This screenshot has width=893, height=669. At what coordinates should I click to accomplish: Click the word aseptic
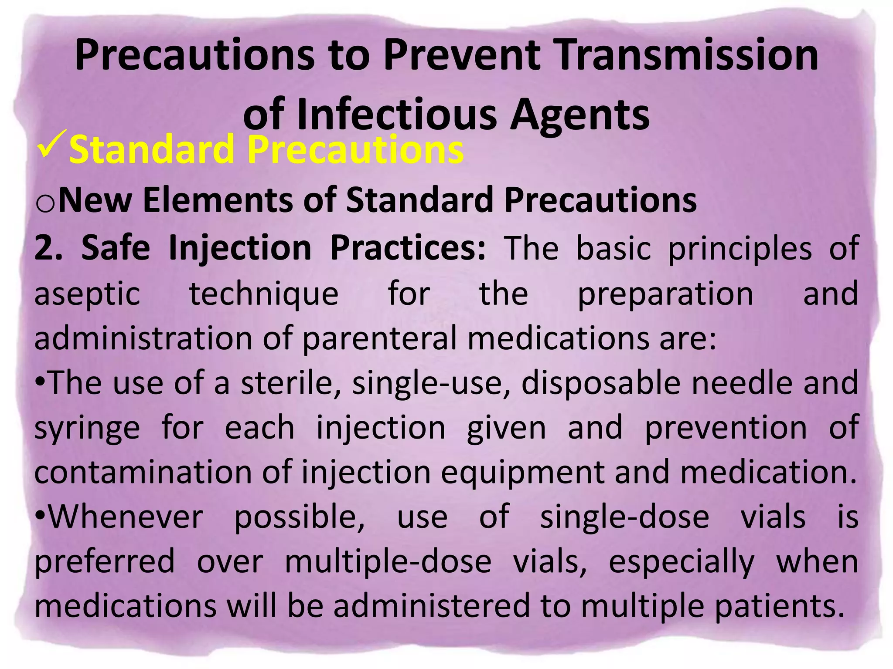[87, 294]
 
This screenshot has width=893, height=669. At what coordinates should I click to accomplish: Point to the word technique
[264, 294]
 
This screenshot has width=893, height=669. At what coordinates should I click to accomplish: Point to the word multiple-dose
[388, 562]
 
